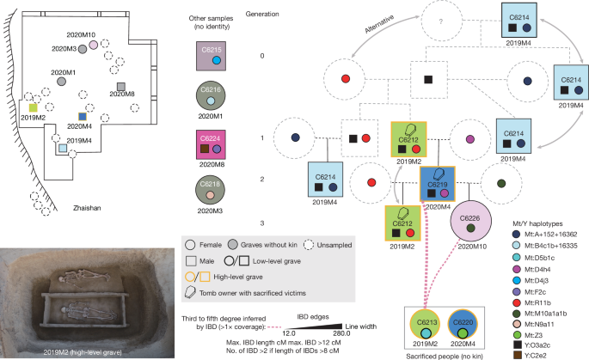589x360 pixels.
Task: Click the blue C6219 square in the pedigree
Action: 437,185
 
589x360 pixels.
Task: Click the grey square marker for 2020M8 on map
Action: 121,86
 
